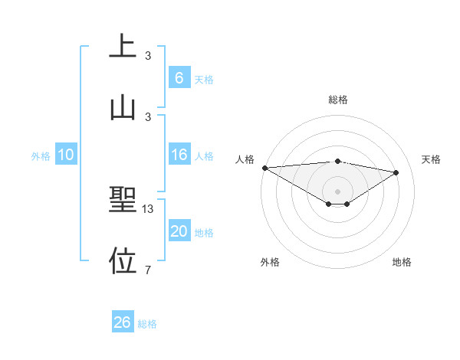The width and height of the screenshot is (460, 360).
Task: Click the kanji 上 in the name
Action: click(x=123, y=47)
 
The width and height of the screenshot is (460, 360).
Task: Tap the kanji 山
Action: click(x=123, y=107)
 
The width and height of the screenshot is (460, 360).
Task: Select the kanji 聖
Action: click(x=123, y=200)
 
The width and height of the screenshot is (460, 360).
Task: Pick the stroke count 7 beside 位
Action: click(x=148, y=269)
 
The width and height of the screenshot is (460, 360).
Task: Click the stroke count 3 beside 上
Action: click(x=148, y=55)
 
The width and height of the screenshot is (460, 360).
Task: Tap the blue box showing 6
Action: click(x=179, y=77)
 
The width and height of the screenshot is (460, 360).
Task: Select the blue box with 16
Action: click(x=179, y=155)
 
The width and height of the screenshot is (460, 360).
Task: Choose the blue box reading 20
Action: click(x=179, y=231)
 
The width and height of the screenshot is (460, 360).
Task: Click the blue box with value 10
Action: click(x=66, y=155)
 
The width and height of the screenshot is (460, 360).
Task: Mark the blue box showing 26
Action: click(x=123, y=322)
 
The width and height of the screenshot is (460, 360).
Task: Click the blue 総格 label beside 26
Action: click(x=147, y=324)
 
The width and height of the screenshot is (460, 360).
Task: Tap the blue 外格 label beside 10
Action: click(x=41, y=156)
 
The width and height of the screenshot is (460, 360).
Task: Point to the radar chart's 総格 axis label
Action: click(x=338, y=100)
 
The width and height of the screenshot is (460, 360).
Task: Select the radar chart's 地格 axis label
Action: click(x=402, y=262)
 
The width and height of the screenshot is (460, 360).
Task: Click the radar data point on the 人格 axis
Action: click(x=264, y=167)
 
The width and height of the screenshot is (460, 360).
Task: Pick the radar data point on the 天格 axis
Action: click(x=396, y=172)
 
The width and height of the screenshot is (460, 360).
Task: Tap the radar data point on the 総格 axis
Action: click(x=338, y=161)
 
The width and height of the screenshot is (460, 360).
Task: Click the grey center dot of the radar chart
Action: click(x=338, y=191)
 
